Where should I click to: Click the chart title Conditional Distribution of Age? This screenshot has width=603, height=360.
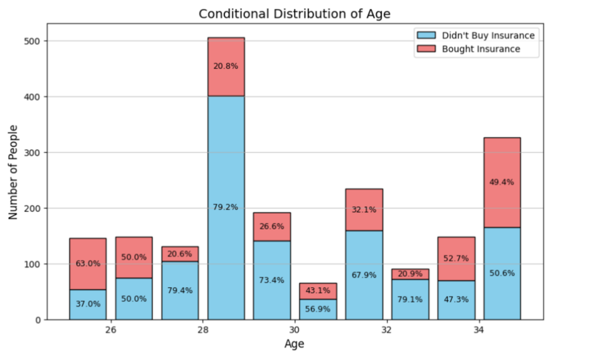[x=294, y=14]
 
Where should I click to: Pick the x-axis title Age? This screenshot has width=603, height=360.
[x=294, y=345]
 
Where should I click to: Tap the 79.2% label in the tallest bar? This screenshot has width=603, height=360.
[x=226, y=207]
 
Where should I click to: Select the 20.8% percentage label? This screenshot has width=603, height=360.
[x=226, y=66]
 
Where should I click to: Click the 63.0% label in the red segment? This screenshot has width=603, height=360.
[x=88, y=263]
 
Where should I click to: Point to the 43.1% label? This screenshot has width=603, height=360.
[x=318, y=290]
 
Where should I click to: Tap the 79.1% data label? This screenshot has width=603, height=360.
[x=410, y=299]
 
